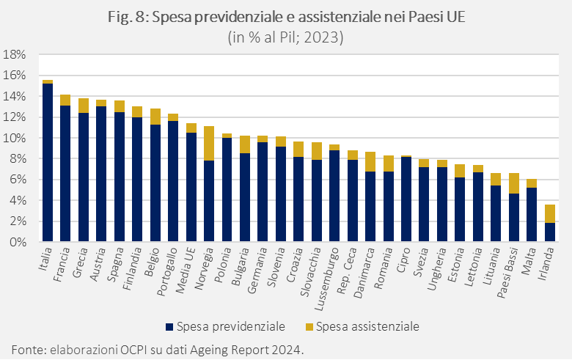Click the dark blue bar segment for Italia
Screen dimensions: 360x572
pos(48,163)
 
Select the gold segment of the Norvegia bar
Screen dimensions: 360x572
pos(209,144)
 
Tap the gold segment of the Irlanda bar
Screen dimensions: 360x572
pos(550,213)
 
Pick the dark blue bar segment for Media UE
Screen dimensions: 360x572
pos(191,187)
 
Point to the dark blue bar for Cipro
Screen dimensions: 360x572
pos(406,199)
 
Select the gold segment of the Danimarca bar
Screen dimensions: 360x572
pos(370,161)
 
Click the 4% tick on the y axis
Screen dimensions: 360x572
pos(18,200)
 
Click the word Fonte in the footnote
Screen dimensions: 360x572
pos(26,348)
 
